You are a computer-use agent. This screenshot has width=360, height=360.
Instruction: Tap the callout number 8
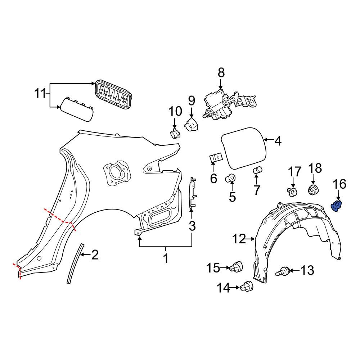coord(221,73)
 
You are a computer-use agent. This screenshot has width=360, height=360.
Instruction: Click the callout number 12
coord(238,238)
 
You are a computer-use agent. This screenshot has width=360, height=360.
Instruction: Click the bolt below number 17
coord(293,192)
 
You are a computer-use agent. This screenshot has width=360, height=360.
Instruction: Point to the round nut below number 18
coord(313,189)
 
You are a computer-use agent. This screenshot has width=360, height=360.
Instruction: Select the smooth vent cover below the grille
coord(77,109)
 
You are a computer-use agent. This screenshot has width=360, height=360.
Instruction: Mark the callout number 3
coord(192,226)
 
